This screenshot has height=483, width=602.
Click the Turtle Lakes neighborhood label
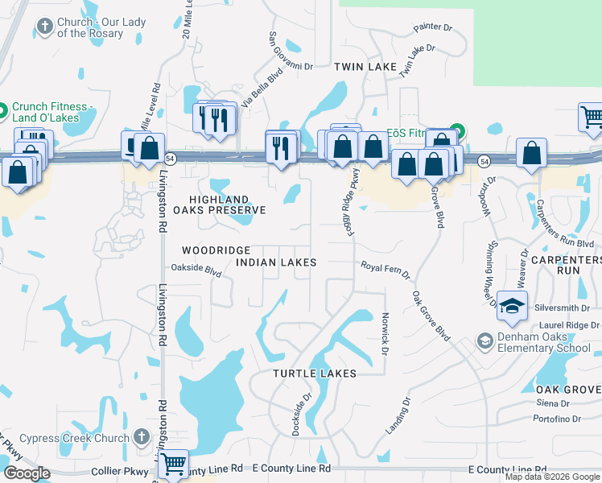click(314, 374)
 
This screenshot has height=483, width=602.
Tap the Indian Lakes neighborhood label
click(276, 262)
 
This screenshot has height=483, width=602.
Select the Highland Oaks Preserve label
click(226, 204)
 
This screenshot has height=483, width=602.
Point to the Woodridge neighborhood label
click(216, 250)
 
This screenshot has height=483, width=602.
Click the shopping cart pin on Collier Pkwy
click(174, 464)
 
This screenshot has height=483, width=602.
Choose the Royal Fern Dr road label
click(385, 268)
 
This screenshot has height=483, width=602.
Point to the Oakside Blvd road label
click(196, 271)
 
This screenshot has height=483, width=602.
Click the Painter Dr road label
click(433, 27)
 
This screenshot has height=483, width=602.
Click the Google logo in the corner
click(27, 473)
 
